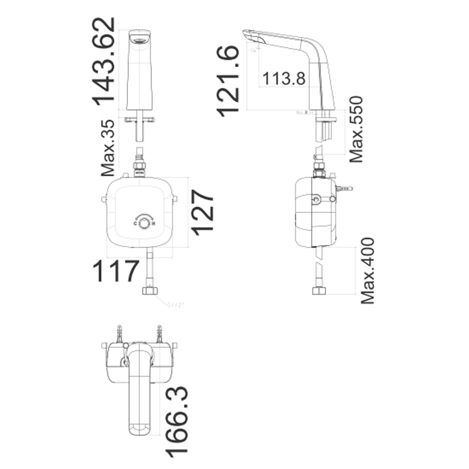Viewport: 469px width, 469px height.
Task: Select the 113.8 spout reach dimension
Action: pyautogui.click(x=284, y=78)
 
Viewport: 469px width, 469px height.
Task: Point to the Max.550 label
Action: pyautogui.click(x=356, y=129)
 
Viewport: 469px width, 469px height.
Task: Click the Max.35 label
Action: pyautogui.click(x=108, y=148)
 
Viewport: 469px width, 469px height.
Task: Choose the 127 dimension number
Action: pyautogui.click(x=202, y=212)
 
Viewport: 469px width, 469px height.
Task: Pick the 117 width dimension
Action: pyautogui.click(x=116, y=272)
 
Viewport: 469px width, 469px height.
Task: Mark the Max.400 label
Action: pyautogui.click(x=368, y=271)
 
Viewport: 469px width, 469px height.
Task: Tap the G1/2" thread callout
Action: pyautogui.click(x=176, y=306)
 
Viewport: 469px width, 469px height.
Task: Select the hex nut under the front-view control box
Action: pyautogui.click(x=150, y=289)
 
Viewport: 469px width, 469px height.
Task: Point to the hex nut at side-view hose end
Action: pyautogui.click(x=319, y=289)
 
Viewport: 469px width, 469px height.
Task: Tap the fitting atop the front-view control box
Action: pyautogui.click(x=139, y=167)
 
